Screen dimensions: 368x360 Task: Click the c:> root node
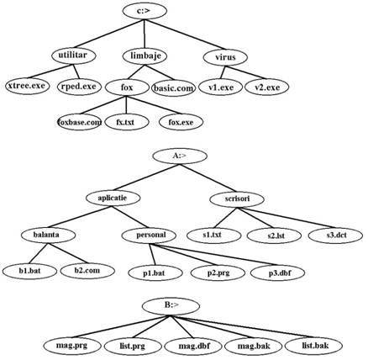(145, 11)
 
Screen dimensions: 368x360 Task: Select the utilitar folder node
(74, 56)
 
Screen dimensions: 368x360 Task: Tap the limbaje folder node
(145, 56)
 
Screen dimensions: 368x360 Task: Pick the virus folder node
(225, 57)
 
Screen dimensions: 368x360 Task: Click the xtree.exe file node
(27, 86)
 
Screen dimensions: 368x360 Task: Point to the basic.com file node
(173, 88)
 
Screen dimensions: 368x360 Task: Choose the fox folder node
(127, 87)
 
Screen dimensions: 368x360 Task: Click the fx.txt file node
(127, 122)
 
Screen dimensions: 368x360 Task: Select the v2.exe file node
(266, 87)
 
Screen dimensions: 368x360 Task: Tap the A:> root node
(180, 156)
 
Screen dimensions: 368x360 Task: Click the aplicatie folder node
(113, 199)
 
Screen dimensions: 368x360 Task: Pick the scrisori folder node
(237, 199)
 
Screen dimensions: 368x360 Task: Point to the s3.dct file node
(335, 236)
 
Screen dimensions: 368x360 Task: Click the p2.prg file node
(218, 273)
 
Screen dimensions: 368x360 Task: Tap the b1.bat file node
(29, 271)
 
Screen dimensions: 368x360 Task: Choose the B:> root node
(171, 306)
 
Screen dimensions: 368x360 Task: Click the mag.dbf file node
(193, 346)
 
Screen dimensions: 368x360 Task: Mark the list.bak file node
(313, 346)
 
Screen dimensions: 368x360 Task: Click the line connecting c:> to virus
(185, 34)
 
